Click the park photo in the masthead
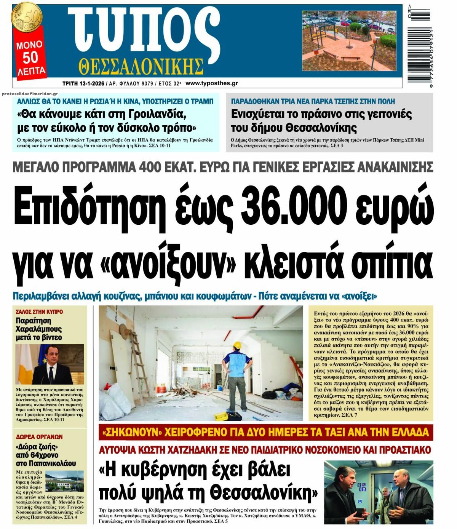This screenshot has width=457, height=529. [349, 41]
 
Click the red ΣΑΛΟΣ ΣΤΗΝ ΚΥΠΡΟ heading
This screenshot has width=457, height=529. [39, 312]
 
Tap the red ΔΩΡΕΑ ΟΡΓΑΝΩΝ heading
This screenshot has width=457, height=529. [39, 437]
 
